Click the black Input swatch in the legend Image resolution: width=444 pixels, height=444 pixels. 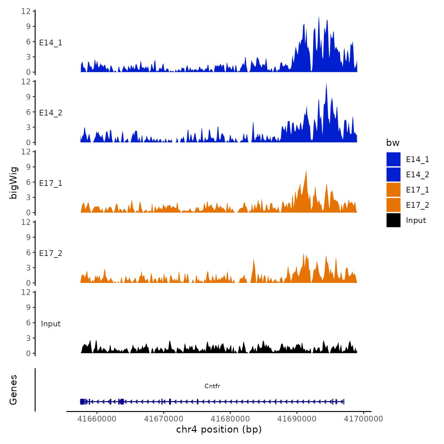(393, 220)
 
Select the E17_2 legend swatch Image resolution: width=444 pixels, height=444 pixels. (393, 205)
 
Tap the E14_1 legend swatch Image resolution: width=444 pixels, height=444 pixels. (393, 159)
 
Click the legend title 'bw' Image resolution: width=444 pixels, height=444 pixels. (393, 143)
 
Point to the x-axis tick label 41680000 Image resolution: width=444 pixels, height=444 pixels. (230, 419)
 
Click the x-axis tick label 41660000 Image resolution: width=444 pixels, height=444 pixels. (97, 419)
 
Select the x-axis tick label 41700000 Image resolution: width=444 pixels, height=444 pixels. (363, 419)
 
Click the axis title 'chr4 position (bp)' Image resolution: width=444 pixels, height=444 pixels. (219, 429)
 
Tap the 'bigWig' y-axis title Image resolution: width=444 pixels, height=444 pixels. (13, 183)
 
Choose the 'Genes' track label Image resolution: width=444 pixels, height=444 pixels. (13, 390)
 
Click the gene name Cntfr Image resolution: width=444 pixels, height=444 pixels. (212, 386)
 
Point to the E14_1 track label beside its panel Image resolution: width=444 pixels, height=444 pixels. (51, 43)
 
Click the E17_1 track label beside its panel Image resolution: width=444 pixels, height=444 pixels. (51, 183)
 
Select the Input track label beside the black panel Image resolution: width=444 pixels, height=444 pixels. (51, 324)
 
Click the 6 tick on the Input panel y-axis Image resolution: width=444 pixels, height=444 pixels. (29, 323)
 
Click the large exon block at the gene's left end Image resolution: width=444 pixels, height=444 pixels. (82, 402)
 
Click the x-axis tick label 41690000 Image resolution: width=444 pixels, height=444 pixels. (297, 419)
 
